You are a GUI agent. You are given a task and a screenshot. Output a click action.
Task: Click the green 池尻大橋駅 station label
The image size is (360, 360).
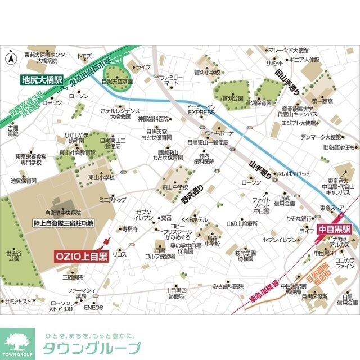coord(42,79)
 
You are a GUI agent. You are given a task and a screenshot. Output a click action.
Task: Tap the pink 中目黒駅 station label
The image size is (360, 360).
coord(334,229)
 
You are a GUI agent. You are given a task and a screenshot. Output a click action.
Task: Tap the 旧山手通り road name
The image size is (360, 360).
coord(287,82)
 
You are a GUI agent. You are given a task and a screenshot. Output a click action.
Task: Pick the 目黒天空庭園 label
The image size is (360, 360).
coord(117,81)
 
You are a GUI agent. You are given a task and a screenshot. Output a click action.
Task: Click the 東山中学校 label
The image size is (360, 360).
coord(174,187)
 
